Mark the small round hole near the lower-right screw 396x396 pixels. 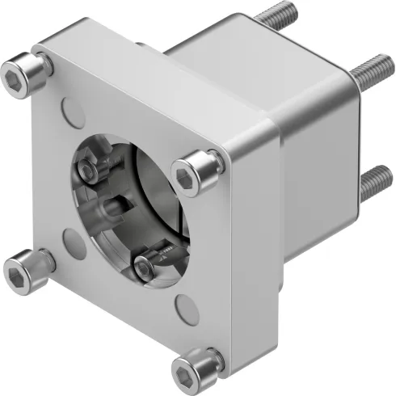(x=185, y=307)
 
